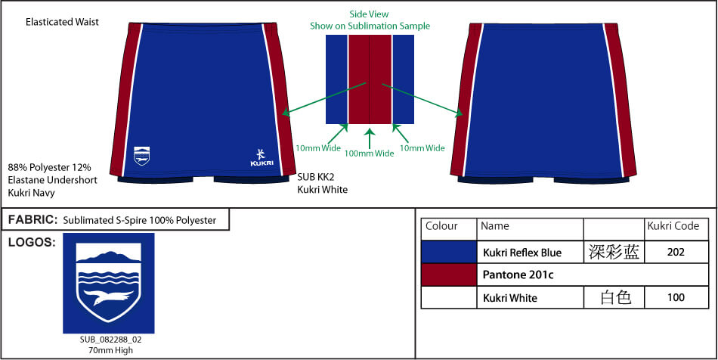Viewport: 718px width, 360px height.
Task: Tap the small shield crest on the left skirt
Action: click(141, 156)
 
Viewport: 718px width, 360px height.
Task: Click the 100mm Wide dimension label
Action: click(369, 154)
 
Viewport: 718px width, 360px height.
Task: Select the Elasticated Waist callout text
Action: click(62, 22)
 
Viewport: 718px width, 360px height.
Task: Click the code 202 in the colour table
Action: click(676, 252)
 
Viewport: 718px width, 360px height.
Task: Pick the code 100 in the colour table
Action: click(676, 298)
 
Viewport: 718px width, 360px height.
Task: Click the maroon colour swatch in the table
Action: click(449, 275)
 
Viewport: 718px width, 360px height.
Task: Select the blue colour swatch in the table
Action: click(449, 252)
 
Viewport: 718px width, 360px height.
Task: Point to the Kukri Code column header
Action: click(673, 226)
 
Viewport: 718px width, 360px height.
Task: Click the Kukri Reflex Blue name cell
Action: click(522, 253)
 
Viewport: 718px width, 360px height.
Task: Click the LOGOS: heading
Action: click(32, 243)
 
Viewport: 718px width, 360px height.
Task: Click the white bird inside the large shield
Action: click(109, 297)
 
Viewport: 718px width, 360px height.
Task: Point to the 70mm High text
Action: click(110, 350)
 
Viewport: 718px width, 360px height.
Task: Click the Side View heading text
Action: click(369, 14)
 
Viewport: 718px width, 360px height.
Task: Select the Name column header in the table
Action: click(495, 226)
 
